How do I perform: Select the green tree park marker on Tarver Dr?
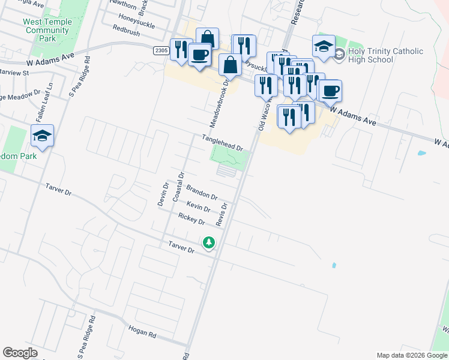[x=209, y=243]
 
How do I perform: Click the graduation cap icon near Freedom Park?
[x=43, y=136]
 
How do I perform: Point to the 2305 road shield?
[x=160, y=51]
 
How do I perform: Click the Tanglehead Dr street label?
[x=222, y=143]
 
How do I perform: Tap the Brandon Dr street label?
[x=202, y=191]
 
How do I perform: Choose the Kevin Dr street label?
[x=198, y=206]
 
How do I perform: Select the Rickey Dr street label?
[x=191, y=219]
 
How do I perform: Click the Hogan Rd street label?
[x=142, y=331]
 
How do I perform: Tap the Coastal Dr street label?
[x=178, y=187]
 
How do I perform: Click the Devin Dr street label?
[x=162, y=194]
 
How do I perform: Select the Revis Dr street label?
[x=222, y=214]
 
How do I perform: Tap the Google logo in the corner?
[x=20, y=353]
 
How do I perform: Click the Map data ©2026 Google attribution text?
[x=412, y=355]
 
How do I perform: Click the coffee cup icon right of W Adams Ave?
[x=330, y=91]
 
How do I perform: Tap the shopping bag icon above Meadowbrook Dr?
[x=230, y=65]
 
